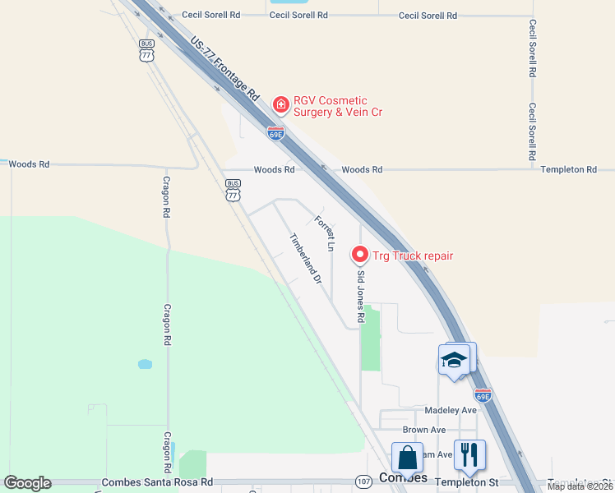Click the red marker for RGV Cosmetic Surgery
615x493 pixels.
[x=280, y=104]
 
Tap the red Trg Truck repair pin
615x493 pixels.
[x=359, y=256]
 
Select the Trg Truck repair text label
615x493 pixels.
[x=413, y=256]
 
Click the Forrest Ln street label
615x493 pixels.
[x=326, y=233]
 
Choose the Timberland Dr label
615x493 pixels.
[x=304, y=259]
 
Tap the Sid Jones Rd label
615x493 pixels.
[x=360, y=298]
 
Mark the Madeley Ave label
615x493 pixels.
[x=451, y=410]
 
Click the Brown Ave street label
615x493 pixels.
[x=424, y=430]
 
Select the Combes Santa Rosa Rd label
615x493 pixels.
[x=156, y=482]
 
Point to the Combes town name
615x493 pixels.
[x=403, y=478]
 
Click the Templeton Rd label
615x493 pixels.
[x=568, y=169]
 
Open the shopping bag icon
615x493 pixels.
[x=407, y=456]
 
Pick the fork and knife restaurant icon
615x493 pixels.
[x=469, y=453]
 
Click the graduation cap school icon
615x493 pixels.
[x=454, y=359]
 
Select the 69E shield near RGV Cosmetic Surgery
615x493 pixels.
[x=276, y=132]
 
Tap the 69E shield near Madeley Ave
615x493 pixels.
[x=483, y=396]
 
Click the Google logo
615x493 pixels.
[x=27, y=483]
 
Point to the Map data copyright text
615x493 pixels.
[x=580, y=486]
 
